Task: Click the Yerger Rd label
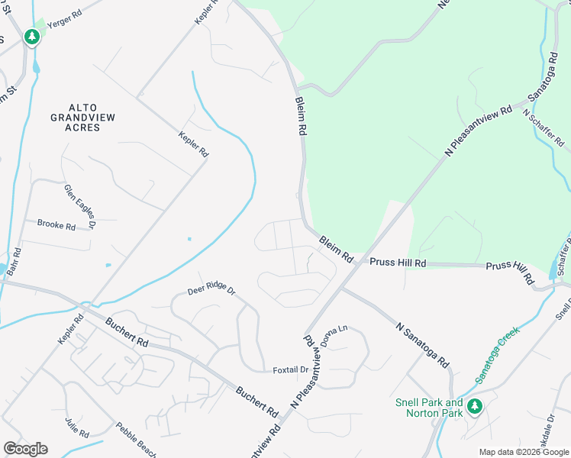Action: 63,24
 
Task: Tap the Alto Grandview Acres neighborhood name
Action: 75,118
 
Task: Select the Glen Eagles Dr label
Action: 80,206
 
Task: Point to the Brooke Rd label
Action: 56,225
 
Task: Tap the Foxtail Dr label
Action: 290,370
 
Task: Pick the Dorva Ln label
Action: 334,336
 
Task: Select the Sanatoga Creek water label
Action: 497,355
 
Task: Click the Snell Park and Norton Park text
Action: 429,408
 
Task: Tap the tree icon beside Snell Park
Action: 475,406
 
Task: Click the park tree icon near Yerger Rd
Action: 31,36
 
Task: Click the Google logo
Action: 25,449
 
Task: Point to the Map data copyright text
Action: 524,452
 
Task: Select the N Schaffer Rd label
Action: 543,128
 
